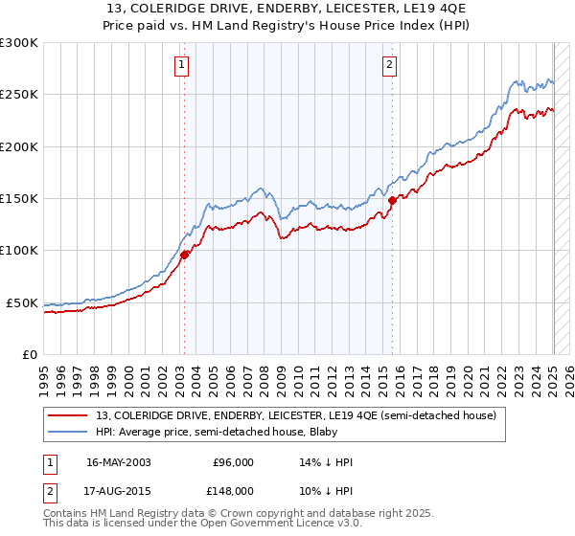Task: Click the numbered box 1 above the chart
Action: click(181, 65)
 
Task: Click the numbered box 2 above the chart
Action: click(390, 65)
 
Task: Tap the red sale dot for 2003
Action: click(185, 255)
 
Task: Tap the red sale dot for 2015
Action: click(393, 201)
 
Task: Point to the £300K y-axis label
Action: click(19, 43)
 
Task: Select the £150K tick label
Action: click(19, 199)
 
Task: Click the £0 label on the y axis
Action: click(30, 354)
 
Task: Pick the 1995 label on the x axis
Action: click(44, 373)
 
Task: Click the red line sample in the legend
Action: click(68, 415)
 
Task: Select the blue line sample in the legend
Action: click(68, 432)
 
